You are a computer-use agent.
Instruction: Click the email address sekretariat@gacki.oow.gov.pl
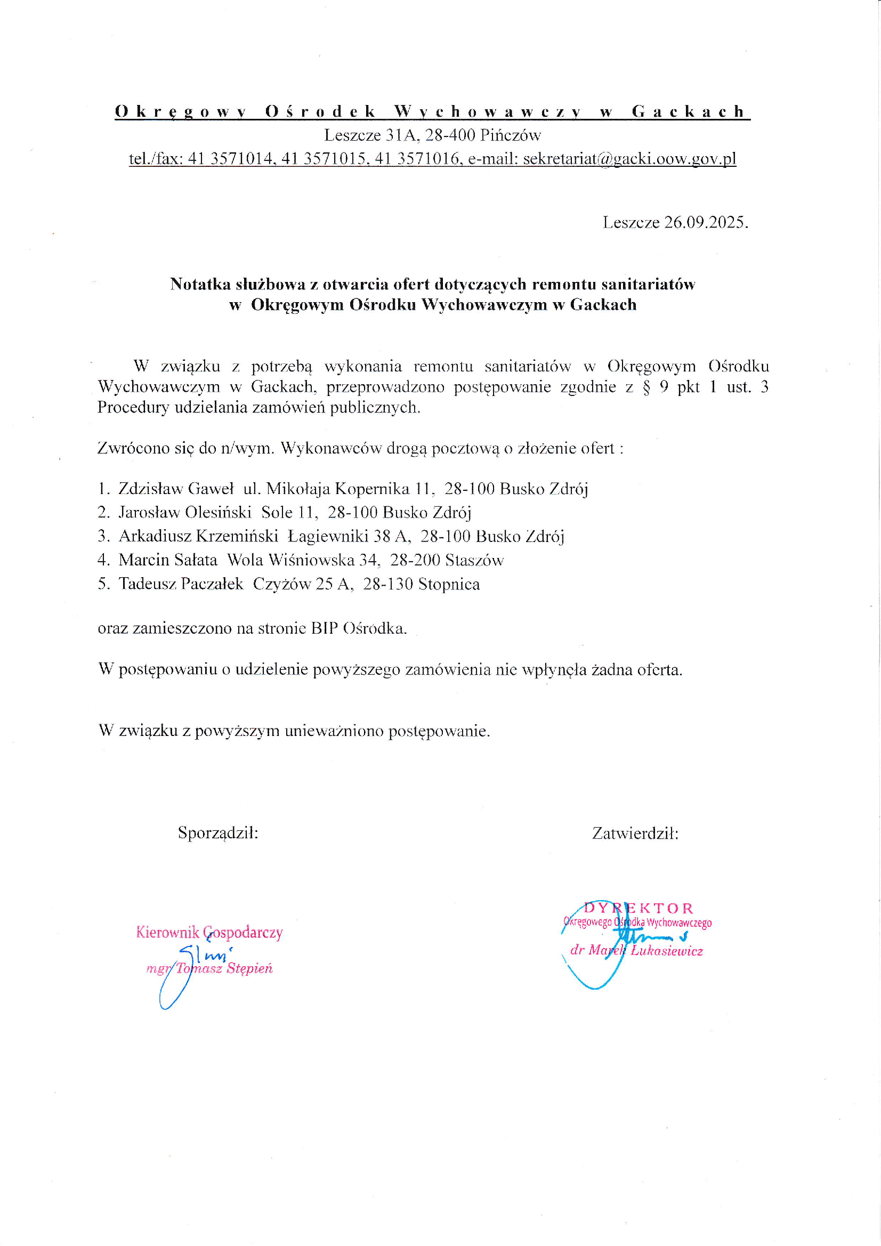(629, 158)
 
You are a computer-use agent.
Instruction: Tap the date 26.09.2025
(706, 223)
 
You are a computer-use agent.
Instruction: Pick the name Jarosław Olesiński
(184, 512)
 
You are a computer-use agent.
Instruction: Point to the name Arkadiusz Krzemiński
(198, 536)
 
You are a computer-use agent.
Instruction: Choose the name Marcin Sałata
(168, 560)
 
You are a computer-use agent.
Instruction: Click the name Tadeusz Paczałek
(181, 584)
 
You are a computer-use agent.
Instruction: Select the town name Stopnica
(449, 584)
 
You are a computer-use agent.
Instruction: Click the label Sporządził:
(217, 833)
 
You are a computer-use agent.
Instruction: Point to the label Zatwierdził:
(635, 833)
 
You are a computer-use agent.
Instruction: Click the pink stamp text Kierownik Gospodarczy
(209, 932)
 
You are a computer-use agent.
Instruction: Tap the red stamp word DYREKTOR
(638, 908)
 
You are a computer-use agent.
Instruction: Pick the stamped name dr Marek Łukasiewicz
(636, 950)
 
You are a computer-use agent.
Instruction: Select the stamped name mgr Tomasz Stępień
(209, 969)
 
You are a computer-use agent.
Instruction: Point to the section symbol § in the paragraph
(646, 387)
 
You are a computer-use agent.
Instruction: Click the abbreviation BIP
(324, 628)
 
